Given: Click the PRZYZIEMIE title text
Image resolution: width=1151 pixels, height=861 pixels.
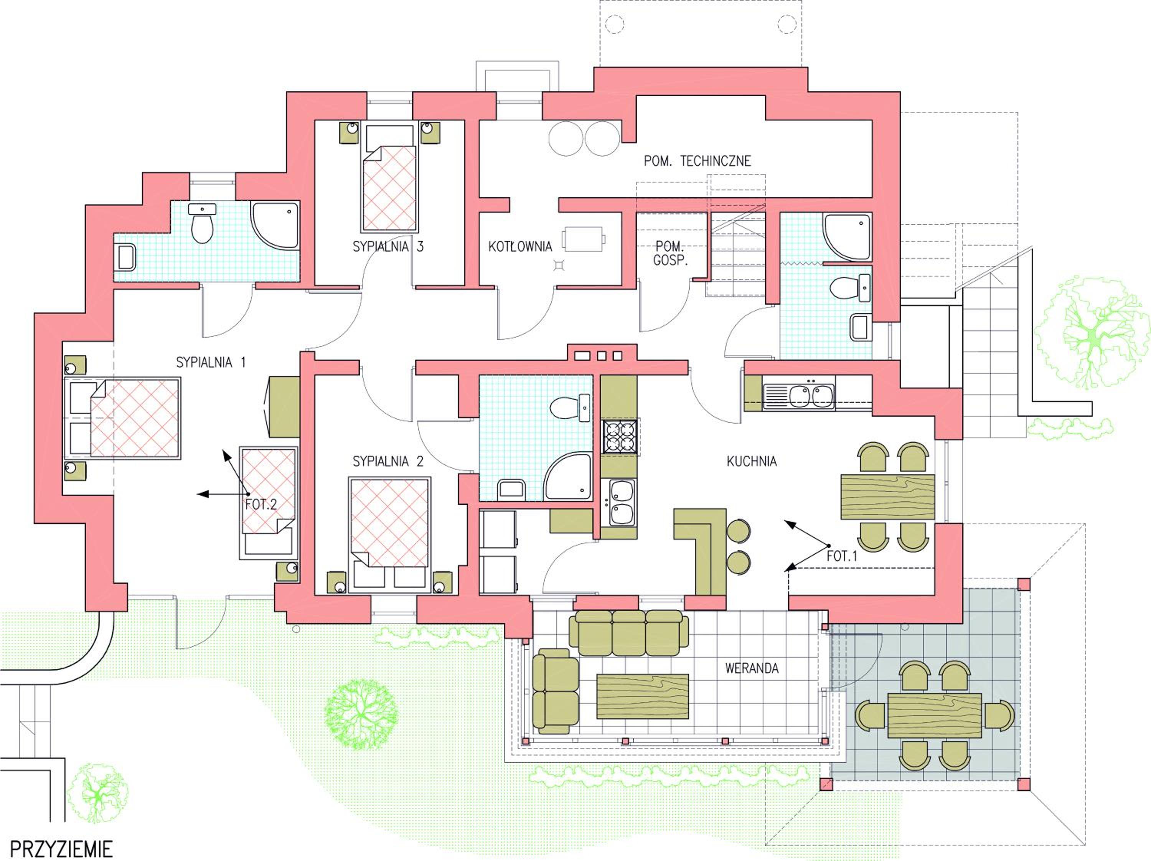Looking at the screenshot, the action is pyautogui.click(x=61, y=849).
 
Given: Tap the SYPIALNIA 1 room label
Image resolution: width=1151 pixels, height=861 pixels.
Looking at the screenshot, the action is pyautogui.click(x=211, y=363).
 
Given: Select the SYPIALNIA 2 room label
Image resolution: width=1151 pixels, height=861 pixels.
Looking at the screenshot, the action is pyautogui.click(x=388, y=461).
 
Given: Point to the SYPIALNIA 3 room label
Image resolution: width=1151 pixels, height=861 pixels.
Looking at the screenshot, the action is pyautogui.click(x=388, y=247).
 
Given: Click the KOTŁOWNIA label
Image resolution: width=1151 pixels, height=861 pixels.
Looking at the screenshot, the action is pyautogui.click(x=520, y=247).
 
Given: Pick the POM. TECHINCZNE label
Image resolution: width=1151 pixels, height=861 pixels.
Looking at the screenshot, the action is pyautogui.click(x=697, y=161).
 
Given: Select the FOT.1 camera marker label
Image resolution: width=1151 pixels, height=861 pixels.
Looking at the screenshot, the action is pyautogui.click(x=841, y=556).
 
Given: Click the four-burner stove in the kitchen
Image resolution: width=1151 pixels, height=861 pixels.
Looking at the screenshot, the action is pyautogui.click(x=619, y=436).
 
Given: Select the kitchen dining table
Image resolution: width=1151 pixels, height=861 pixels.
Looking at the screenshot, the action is pyautogui.click(x=888, y=497).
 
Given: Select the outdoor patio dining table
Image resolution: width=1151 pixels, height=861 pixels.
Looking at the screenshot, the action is pyautogui.click(x=935, y=715).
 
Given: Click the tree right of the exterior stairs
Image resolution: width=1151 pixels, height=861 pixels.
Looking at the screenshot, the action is pyautogui.click(x=1092, y=333).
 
